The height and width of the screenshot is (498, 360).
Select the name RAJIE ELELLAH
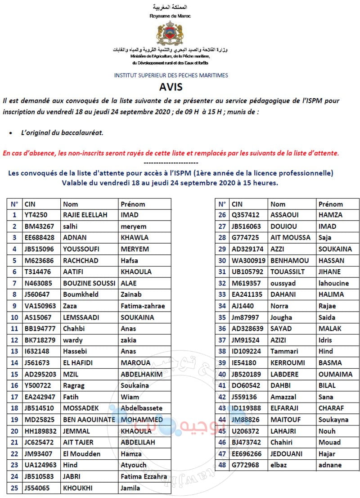(85, 215)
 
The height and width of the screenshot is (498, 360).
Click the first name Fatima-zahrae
(143, 306)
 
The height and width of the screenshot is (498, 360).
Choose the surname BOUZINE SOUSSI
(89, 283)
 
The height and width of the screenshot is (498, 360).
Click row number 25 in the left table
(14, 488)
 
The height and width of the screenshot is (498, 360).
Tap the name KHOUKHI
(78, 488)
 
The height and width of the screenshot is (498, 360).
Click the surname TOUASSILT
(287, 272)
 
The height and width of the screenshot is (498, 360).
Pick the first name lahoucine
(333, 283)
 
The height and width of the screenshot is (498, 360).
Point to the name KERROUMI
(288, 362)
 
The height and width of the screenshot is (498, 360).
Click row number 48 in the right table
(221, 465)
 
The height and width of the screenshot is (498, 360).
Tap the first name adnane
(330, 465)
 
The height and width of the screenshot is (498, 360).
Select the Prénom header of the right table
(330, 204)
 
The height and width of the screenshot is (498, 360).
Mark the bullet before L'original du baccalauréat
(10, 133)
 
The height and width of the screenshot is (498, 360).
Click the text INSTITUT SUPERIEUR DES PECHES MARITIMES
(171, 76)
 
